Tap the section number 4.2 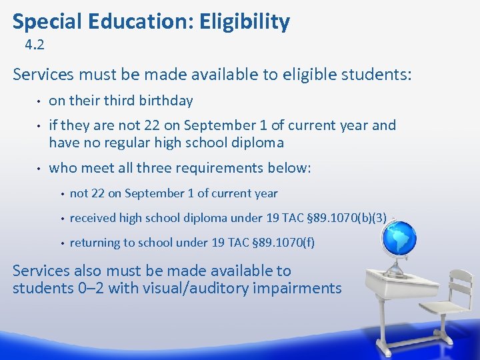tap(34, 46)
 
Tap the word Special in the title tap(43, 22)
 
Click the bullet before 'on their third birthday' tap(39, 101)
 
